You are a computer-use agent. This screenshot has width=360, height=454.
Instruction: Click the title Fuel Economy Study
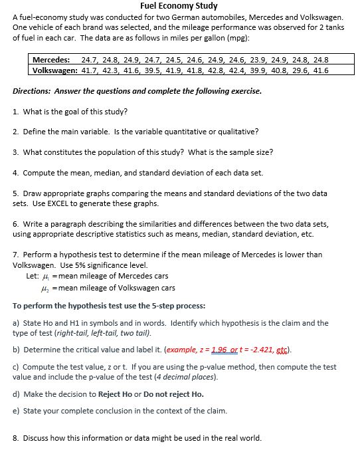[x=179, y=6]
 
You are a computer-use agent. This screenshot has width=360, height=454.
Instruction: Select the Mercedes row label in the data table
[x=52, y=60]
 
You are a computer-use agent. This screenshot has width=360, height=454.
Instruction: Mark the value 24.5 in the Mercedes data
[x=173, y=60]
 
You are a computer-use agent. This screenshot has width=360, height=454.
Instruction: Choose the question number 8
[x=16, y=437]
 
